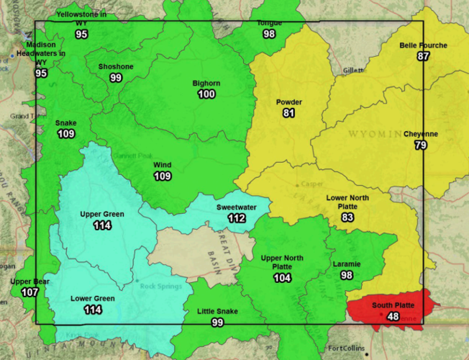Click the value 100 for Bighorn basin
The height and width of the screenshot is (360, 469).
(206, 94)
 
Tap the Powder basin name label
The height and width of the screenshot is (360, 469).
(288, 102)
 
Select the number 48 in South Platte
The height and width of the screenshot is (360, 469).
(393, 316)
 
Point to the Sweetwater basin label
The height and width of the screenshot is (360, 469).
(236, 207)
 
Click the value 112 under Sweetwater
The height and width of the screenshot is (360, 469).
(236, 218)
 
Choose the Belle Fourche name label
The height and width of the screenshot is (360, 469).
(423, 45)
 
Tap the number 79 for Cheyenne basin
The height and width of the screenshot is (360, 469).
(420, 145)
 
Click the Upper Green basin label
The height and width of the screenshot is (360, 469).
(102, 215)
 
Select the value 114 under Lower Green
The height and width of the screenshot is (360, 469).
(92, 310)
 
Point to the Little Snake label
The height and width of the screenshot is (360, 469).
(217, 312)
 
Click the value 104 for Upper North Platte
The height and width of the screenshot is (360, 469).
(282, 278)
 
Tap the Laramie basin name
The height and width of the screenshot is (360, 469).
(347, 264)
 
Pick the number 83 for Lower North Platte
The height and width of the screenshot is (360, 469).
(347, 217)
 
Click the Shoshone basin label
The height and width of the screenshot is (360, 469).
(116, 67)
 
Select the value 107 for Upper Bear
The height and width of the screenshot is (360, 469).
(29, 292)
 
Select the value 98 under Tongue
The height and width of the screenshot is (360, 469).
(269, 34)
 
